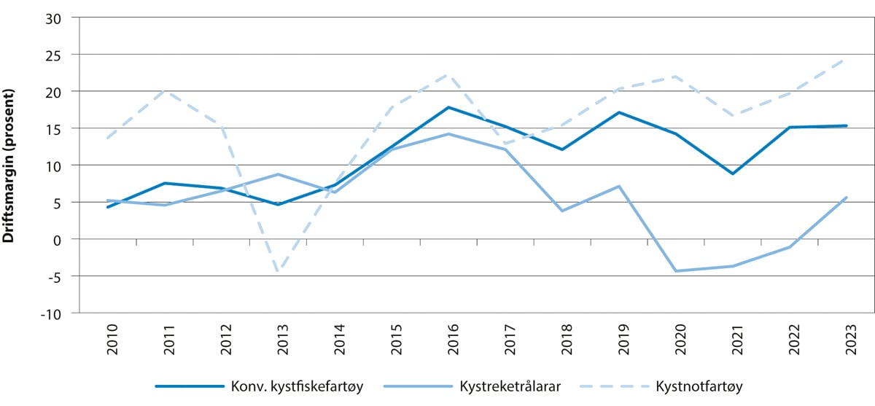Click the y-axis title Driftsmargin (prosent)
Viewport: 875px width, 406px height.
9,165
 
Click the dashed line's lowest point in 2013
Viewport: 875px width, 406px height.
278,272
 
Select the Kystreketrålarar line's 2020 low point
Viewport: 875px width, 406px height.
676,271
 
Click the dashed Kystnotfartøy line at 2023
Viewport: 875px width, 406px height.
846,60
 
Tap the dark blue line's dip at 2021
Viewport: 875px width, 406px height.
732,173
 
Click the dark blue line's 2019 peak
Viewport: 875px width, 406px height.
618,112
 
